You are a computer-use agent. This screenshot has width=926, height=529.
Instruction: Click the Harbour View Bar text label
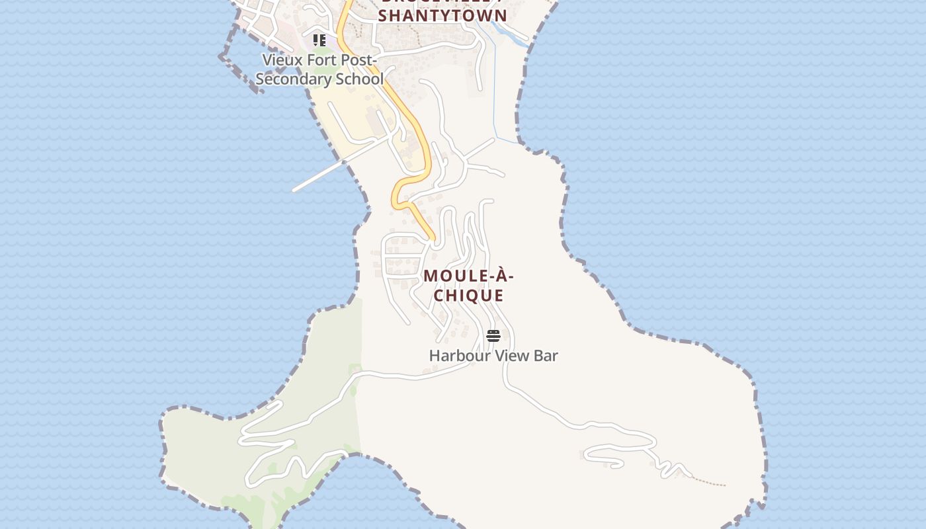493,356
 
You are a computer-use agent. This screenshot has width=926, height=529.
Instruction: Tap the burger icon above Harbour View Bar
493,336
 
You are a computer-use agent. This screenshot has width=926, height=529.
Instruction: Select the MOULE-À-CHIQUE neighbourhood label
469,286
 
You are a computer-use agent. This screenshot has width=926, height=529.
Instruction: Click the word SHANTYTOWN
442,16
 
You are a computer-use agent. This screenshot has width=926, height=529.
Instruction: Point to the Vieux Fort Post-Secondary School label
319,69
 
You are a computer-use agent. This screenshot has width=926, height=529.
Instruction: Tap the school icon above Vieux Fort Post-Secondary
319,41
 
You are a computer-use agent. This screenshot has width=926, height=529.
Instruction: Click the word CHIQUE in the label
469,296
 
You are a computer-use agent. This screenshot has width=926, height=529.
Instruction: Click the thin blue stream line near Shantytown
495,86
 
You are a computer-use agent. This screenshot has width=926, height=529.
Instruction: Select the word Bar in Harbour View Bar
546,356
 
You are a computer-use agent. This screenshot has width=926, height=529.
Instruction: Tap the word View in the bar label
511,356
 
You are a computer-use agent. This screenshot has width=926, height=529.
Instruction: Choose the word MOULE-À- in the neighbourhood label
469,276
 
